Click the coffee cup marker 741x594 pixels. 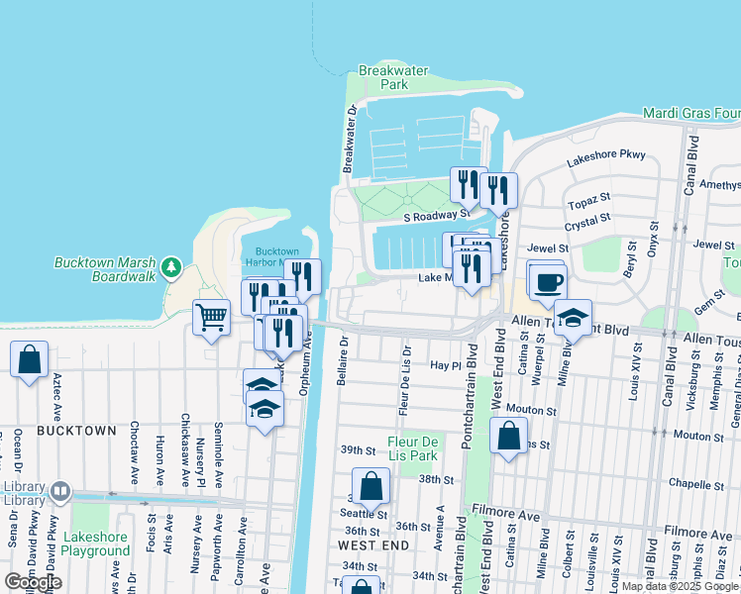546,282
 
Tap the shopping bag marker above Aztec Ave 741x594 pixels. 30,359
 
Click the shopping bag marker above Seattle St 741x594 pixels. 370,486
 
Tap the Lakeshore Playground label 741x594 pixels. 96,543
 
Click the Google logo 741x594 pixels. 33,581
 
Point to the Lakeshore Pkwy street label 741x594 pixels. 605,155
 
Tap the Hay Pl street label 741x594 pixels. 442,365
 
